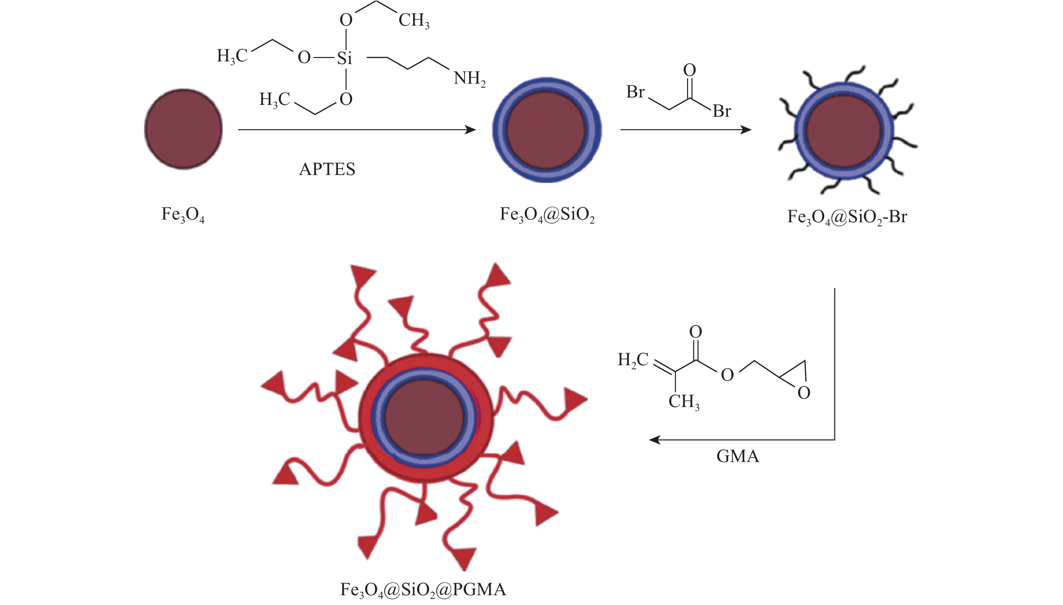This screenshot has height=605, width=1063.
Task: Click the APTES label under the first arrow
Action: click(327, 169)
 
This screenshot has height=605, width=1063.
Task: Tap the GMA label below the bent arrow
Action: click(737, 456)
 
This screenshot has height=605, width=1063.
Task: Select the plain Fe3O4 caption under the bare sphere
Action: click(183, 215)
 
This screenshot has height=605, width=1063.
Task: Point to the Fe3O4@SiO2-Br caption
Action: click(847, 217)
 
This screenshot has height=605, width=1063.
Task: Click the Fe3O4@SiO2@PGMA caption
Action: click(423, 589)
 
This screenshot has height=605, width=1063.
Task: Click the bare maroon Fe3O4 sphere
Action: click(183, 129)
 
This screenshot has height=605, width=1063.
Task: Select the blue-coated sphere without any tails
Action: click(547, 129)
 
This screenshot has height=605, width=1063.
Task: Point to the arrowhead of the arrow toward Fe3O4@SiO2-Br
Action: click(746, 130)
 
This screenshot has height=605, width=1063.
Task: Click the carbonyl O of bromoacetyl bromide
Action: click(689, 70)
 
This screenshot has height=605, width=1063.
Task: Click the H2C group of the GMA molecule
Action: click(633, 360)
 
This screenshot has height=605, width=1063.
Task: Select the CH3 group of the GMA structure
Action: click(683, 402)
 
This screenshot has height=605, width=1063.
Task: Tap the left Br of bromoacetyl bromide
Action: click(635, 92)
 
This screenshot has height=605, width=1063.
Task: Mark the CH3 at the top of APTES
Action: click(414, 20)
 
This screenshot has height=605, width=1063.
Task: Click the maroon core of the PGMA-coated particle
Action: click(425, 417)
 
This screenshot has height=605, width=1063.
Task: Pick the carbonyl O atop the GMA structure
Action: click(696, 332)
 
